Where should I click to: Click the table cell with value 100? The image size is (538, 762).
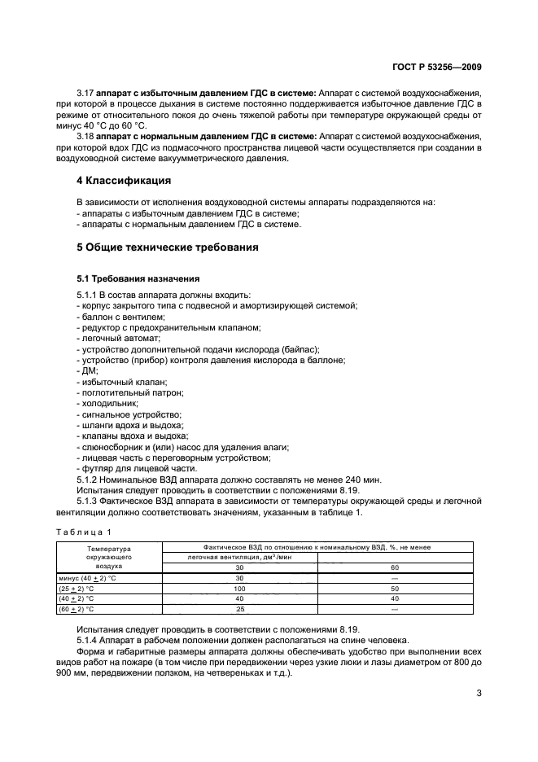[240, 587]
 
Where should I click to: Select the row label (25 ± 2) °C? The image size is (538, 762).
[78, 587]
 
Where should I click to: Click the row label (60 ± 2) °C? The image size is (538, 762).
[78, 608]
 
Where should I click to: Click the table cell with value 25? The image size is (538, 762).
[240, 608]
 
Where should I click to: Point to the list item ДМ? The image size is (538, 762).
[85, 370]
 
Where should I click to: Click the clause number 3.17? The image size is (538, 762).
[86, 94]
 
